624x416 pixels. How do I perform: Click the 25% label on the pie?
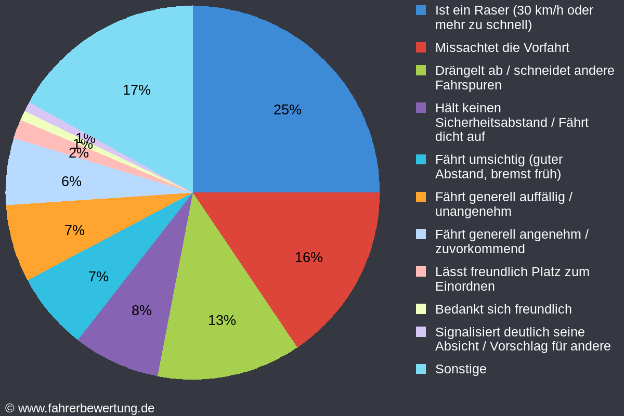287,110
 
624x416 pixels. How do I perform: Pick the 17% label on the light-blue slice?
136,90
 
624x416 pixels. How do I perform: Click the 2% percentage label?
79,153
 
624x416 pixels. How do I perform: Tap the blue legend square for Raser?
421,10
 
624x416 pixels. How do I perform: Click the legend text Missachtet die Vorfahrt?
502,48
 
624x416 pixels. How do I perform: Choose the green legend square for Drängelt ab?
421,70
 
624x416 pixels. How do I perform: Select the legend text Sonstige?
461,369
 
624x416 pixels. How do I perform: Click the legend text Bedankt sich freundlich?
503,309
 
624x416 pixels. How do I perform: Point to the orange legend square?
421,197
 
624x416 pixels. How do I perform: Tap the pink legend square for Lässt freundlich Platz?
421,271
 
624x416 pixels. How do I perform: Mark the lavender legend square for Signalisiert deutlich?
421,332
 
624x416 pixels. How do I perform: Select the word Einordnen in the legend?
464,287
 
